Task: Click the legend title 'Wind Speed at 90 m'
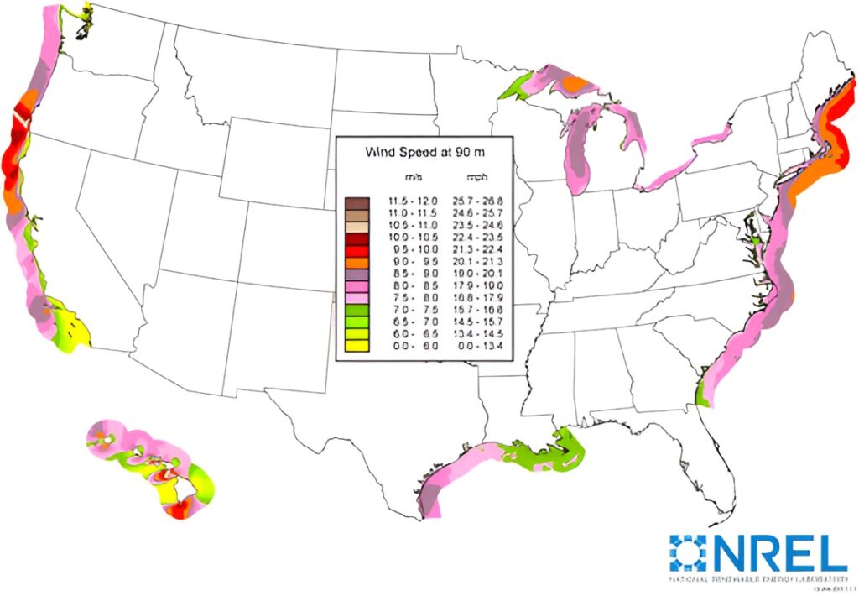coord(425,153)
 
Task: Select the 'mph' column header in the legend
coord(476,178)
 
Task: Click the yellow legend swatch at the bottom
coord(357,344)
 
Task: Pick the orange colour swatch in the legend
coord(357,262)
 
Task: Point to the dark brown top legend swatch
coord(357,203)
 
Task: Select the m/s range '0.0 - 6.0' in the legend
coord(411,344)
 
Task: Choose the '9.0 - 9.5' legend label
coord(411,262)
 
